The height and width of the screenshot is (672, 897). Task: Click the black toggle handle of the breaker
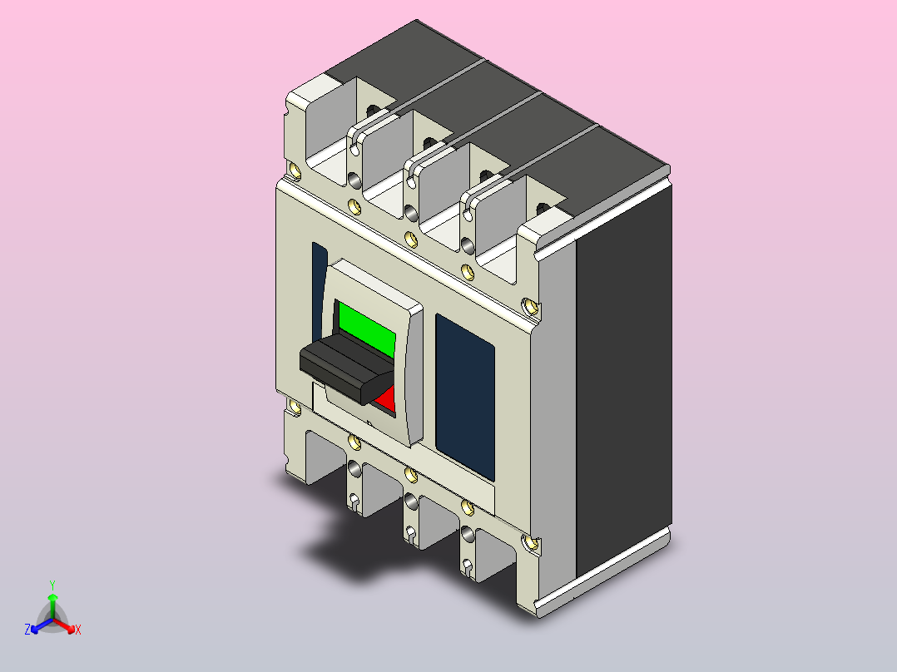pyautogui.click(x=345, y=370)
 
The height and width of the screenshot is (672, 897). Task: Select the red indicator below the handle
pyautogui.click(x=386, y=402)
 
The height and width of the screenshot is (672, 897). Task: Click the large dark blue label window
pyautogui.click(x=464, y=395)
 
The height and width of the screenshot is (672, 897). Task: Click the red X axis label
pyautogui.click(x=77, y=630)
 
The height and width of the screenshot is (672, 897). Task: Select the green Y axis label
pyautogui.click(x=52, y=585)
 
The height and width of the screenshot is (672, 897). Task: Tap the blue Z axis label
pyautogui.click(x=27, y=630)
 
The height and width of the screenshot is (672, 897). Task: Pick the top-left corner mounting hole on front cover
pyautogui.click(x=295, y=172)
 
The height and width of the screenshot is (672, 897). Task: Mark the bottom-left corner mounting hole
pyautogui.click(x=294, y=408)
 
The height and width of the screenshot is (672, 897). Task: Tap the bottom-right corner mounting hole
pyautogui.click(x=529, y=544)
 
